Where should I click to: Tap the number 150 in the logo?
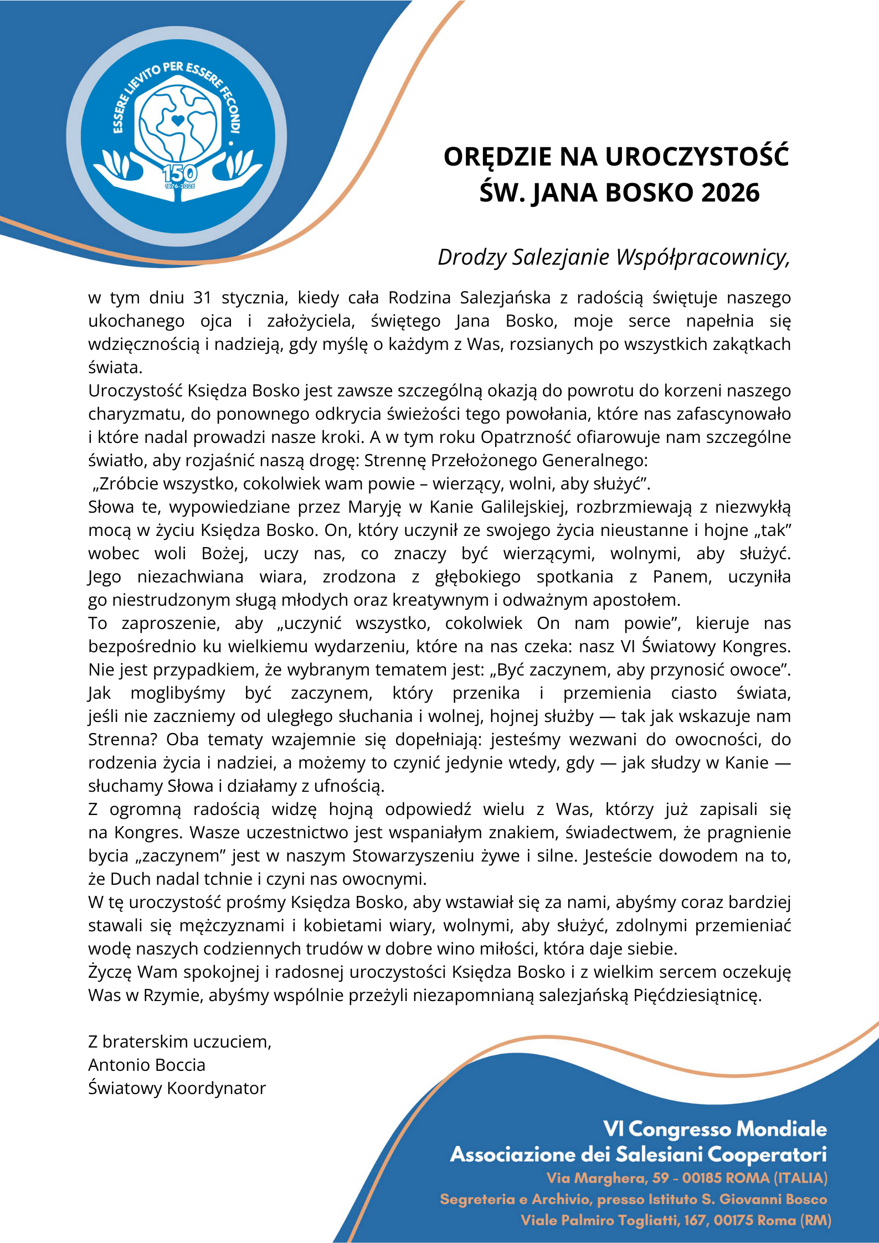179,173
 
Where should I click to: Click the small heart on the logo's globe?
177,120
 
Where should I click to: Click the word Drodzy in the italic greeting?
471,257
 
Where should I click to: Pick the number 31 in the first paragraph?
203,298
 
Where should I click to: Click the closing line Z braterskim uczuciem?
179,1042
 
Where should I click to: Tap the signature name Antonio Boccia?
147,1065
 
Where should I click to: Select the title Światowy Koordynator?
177,1089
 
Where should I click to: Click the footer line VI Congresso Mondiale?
714,1129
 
